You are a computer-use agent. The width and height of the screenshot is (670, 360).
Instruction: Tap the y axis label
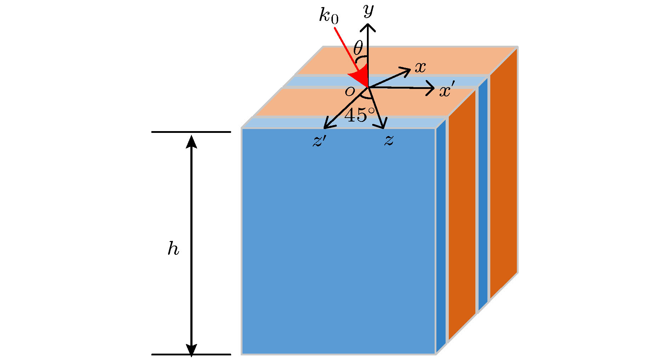[369, 11]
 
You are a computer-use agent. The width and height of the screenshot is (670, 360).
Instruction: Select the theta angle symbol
[358, 47]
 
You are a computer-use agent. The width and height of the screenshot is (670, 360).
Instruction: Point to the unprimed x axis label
[420, 67]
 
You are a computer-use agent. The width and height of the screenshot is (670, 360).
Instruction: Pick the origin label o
[350, 91]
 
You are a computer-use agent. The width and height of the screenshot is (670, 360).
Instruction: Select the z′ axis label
[319, 140]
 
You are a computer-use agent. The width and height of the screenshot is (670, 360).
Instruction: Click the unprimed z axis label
[389, 140]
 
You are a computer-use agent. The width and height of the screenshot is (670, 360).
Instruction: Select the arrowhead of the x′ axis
[431, 88]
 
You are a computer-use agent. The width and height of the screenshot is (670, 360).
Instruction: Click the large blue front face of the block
[339, 241]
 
